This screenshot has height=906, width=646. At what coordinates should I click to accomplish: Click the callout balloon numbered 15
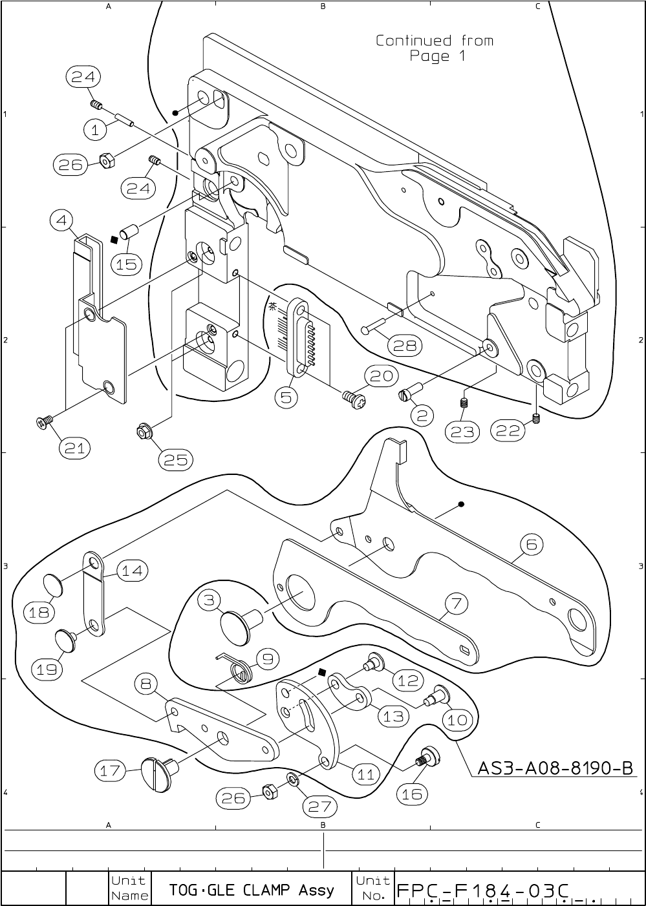127,264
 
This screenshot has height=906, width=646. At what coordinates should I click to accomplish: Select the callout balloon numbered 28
405,346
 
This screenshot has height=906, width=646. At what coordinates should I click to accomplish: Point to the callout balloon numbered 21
74,447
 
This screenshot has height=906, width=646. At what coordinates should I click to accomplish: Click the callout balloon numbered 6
531,544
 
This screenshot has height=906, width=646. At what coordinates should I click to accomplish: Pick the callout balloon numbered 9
267,658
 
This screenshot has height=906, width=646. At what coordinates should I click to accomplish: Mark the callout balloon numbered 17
110,770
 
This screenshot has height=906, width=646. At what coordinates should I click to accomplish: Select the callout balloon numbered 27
319,806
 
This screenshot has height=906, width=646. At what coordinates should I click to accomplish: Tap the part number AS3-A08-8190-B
555,768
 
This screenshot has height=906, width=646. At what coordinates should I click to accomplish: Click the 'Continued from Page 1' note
435,48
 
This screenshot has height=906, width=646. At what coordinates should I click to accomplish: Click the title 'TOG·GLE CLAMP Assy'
252,890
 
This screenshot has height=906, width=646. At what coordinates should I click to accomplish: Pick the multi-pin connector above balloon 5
299,335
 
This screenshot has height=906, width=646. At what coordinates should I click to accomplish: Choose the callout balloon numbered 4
61,220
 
